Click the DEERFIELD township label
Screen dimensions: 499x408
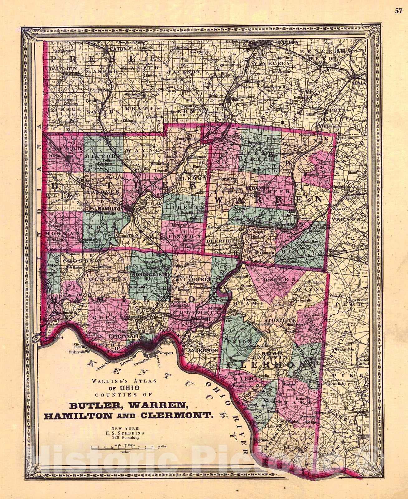[223, 241]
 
